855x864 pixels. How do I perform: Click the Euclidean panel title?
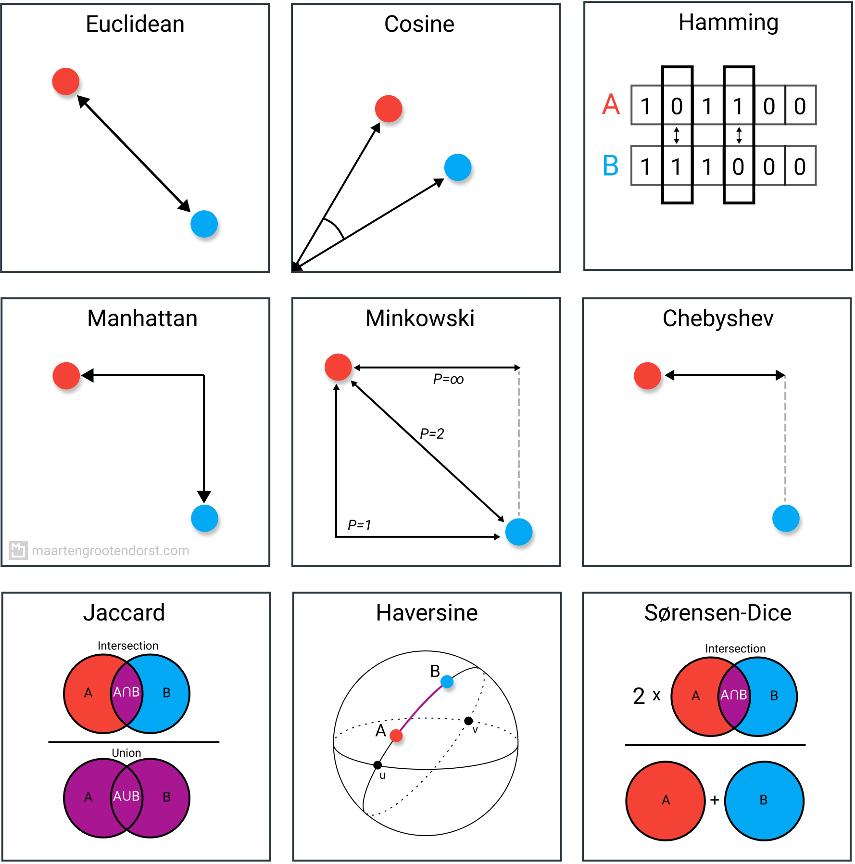pos(135,24)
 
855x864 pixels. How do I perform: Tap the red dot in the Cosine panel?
pos(389,109)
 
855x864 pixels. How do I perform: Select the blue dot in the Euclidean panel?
pos(204,224)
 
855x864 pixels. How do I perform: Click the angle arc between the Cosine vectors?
pos(335,227)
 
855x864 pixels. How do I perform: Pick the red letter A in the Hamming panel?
pos(611,104)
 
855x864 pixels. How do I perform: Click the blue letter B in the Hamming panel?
pos(611,165)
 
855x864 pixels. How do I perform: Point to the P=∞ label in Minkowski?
pos(448,380)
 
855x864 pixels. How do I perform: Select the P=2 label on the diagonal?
pos(432,434)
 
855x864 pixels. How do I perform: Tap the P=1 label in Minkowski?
pos(359,525)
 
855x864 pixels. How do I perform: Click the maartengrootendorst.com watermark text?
pos(111,550)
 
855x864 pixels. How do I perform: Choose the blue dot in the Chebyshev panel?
pos(786,518)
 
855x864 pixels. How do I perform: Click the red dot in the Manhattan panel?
pos(66,376)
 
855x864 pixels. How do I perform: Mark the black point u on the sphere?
pos(377,765)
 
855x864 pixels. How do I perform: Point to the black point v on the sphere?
pos(468,721)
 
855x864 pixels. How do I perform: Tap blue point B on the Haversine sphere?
pos(447,682)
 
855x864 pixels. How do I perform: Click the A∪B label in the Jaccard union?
pos(126,797)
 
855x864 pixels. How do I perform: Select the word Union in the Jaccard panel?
pos(126,753)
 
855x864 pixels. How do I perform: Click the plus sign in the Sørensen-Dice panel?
pos(715,800)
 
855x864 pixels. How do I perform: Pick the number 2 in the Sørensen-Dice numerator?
pos(639,696)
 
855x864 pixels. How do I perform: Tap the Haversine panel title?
pos(427,613)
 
